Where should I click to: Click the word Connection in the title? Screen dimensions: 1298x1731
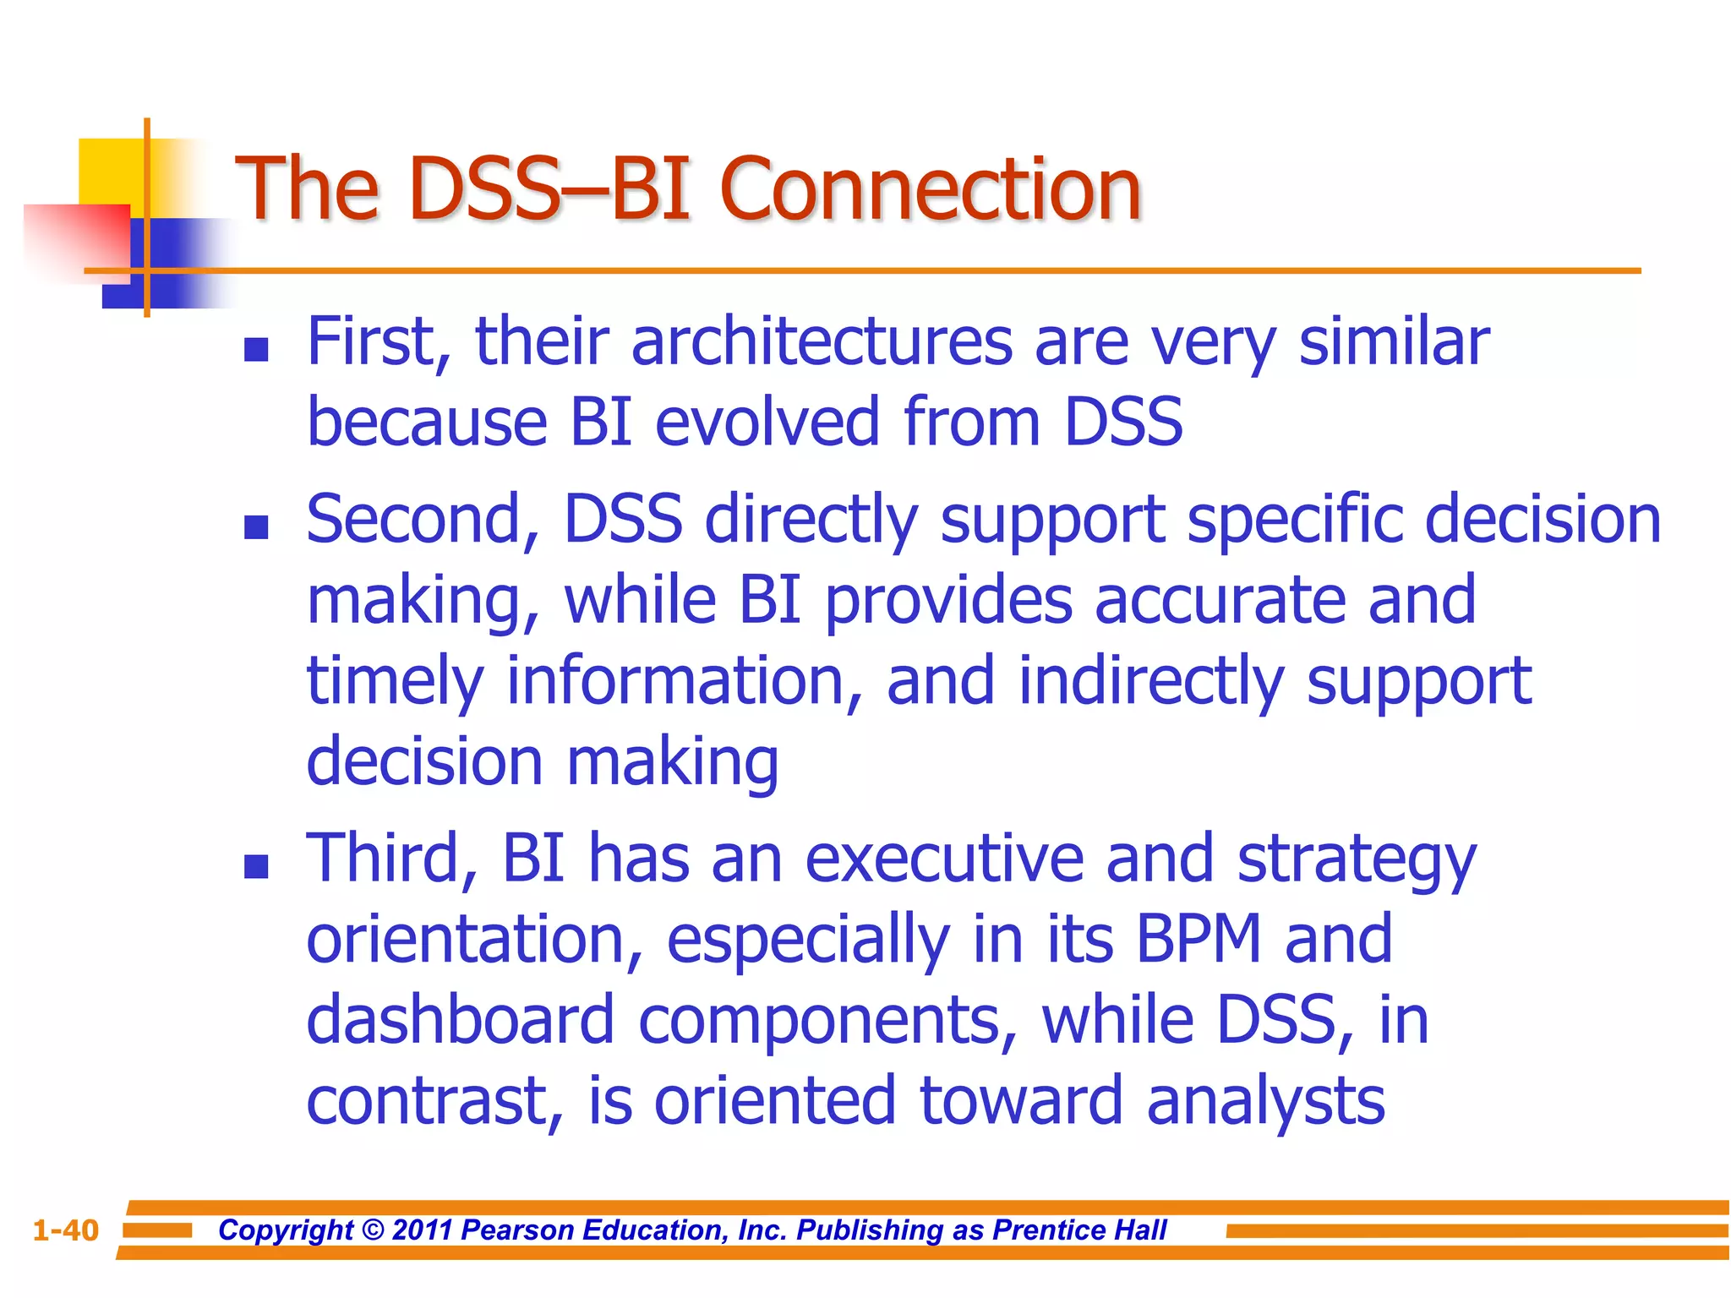tap(930, 189)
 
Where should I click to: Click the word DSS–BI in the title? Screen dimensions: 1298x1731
tap(549, 189)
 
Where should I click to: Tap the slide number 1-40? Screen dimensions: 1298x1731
tap(66, 1230)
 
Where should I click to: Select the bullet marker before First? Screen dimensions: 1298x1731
tap(255, 350)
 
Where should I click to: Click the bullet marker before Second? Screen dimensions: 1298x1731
tap(255, 527)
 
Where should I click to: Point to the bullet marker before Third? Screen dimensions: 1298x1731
tap(255, 866)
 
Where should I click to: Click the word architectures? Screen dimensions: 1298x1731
tap(822, 342)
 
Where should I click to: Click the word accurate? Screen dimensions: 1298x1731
tap(1219, 600)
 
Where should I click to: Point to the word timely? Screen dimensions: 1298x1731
tap(394, 683)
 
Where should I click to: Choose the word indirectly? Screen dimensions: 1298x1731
tap(1149, 681)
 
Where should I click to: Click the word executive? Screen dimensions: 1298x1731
tap(943, 859)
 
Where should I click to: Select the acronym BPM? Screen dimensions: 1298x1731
tap(1198, 940)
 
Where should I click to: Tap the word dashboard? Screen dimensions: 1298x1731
tap(460, 1020)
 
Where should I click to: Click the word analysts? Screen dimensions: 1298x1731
tap(1265, 1101)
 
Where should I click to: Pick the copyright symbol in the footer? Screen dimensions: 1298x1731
tap(372, 1230)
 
